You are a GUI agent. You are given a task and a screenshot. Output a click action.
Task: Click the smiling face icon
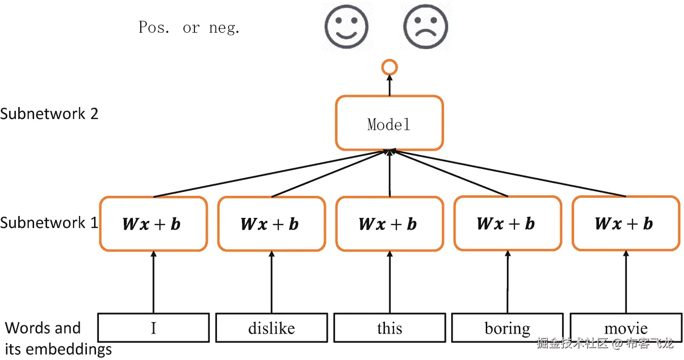(x=346, y=27)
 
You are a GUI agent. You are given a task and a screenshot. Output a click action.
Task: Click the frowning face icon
(x=425, y=27)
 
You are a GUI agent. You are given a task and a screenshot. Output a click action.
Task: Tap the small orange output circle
(x=389, y=68)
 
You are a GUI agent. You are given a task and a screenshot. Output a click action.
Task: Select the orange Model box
(x=389, y=123)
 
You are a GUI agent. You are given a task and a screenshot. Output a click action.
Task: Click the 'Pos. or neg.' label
(x=189, y=28)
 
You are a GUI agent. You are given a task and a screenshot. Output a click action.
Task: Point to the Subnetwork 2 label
(x=49, y=114)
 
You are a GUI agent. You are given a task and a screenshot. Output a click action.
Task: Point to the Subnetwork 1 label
(x=49, y=223)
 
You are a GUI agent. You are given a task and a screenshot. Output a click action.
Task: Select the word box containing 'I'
(x=154, y=328)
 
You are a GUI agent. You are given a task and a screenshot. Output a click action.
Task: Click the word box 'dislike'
(x=272, y=328)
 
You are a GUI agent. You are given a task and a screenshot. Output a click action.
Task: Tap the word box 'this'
(x=389, y=328)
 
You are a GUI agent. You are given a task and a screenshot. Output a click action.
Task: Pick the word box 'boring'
(x=507, y=328)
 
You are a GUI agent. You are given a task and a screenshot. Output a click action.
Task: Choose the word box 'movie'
(x=625, y=328)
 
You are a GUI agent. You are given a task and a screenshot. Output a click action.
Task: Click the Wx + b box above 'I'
(x=154, y=224)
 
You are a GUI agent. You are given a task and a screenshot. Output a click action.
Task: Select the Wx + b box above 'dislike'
(x=272, y=224)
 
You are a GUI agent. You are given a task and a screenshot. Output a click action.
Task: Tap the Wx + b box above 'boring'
(x=507, y=224)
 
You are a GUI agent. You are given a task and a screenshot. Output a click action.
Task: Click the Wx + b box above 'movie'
(x=625, y=224)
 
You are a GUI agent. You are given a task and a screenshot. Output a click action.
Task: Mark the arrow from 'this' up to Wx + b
(x=389, y=283)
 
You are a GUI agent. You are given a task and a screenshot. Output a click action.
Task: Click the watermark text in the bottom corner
(x=605, y=344)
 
